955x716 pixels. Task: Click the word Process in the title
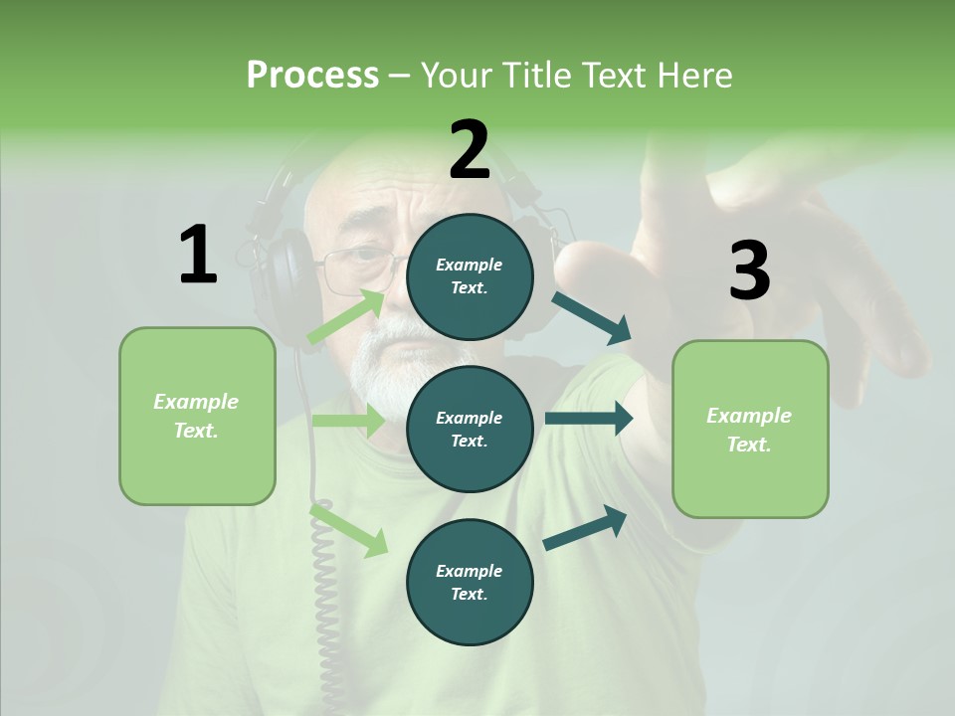click(x=312, y=76)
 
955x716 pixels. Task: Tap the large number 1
click(x=198, y=255)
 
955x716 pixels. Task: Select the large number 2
click(x=470, y=150)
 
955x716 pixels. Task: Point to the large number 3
click(x=749, y=271)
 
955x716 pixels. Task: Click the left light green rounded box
click(x=197, y=416)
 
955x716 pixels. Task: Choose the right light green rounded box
click(x=750, y=429)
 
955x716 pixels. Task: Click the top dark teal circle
click(x=470, y=276)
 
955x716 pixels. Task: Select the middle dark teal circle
click(x=470, y=429)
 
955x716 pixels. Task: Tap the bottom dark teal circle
click(x=470, y=582)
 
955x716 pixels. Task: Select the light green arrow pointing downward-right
click(x=349, y=530)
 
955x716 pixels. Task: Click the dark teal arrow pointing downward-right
click(x=592, y=317)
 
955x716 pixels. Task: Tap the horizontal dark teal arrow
click(x=589, y=419)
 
